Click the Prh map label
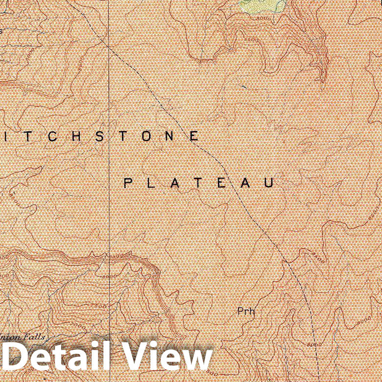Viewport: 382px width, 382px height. (x=246, y=311)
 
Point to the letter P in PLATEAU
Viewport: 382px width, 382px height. (x=127, y=183)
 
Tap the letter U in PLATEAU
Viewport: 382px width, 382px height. (x=268, y=183)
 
